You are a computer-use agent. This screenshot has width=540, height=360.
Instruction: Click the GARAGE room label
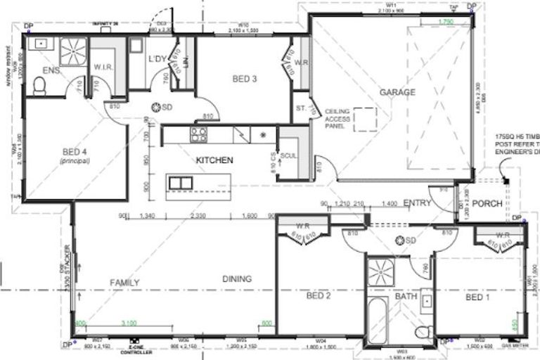[397, 92]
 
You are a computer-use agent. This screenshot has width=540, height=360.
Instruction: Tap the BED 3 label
[244, 79]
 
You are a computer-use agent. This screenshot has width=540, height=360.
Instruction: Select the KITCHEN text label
[214, 161]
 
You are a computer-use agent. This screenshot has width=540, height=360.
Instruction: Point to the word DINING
[237, 278]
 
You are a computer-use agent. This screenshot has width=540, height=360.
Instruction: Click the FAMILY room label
[124, 283]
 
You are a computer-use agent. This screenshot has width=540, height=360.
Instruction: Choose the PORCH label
[487, 204]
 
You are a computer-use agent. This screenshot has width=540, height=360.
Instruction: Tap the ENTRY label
[417, 203]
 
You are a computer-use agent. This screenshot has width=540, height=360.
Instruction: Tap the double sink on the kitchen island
[181, 184]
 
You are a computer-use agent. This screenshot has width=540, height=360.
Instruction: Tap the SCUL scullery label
[287, 155]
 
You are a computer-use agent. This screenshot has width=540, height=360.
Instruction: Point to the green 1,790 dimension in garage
[446, 22]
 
